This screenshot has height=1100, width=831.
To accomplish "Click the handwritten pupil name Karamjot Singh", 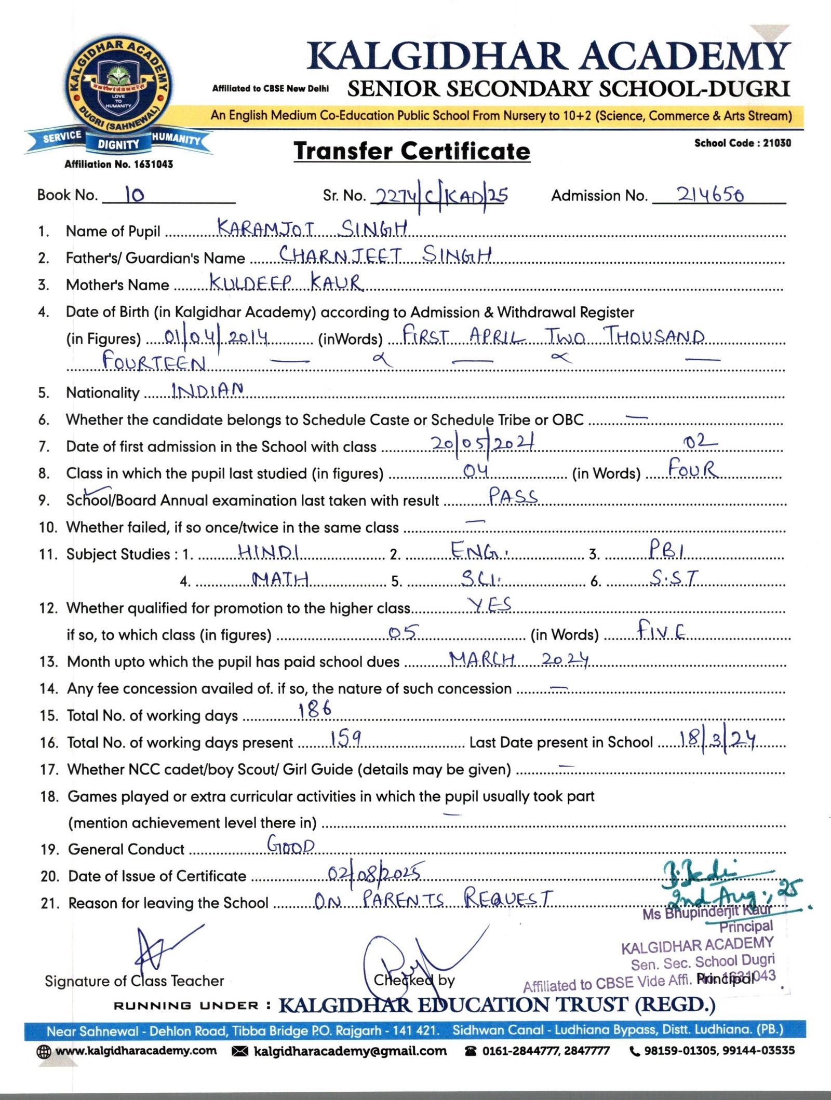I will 312,228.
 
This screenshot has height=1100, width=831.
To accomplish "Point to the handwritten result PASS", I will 513,496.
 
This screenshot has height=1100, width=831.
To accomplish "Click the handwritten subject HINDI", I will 268,551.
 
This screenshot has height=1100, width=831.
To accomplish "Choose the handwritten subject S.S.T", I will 675,577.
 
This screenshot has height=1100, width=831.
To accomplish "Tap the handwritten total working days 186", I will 315,709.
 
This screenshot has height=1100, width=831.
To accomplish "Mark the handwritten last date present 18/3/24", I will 717,739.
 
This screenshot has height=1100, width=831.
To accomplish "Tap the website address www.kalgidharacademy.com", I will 136,1051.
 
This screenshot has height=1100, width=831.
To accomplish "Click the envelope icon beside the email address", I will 239,1051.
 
